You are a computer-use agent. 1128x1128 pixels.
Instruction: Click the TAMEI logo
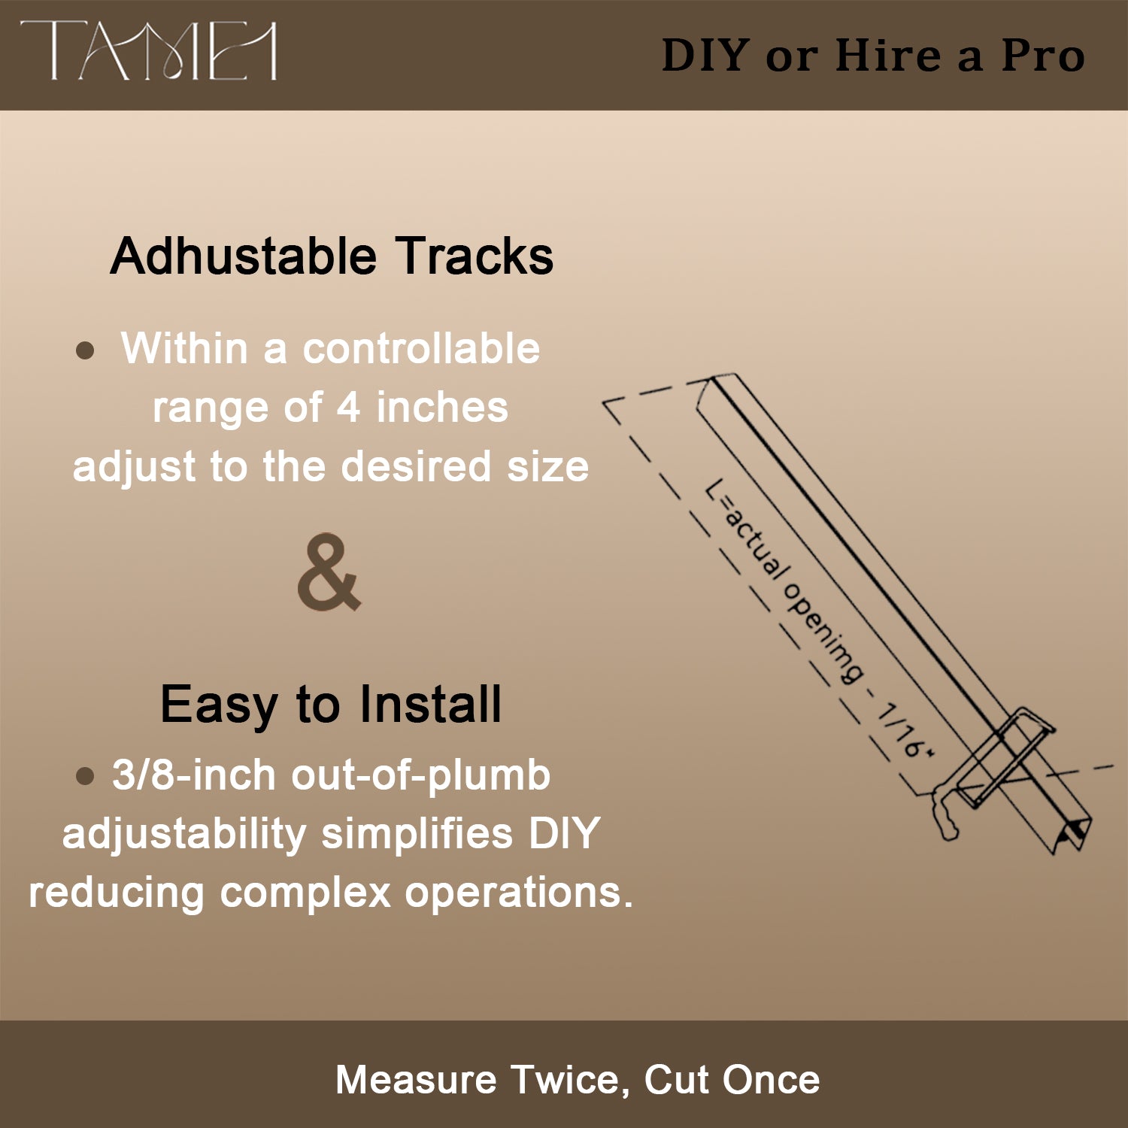[x=148, y=51]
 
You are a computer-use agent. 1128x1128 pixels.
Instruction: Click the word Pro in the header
[x=1043, y=56]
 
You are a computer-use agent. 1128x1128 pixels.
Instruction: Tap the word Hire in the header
[x=887, y=56]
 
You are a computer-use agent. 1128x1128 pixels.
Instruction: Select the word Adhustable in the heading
[x=243, y=256]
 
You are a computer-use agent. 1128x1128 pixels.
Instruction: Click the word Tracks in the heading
[x=475, y=256]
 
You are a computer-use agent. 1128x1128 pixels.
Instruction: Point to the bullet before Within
[x=86, y=350]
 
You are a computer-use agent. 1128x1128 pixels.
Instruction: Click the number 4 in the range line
[x=347, y=408]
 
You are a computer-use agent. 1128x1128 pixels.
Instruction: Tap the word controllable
[x=421, y=350]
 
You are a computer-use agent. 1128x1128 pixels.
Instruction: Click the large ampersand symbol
[x=329, y=572]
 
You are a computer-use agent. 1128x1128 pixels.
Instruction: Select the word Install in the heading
[x=429, y=705]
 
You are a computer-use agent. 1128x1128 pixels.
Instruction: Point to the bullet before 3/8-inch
[x=85, y=775]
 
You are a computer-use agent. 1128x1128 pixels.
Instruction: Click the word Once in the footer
[x=770, y=1080]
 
